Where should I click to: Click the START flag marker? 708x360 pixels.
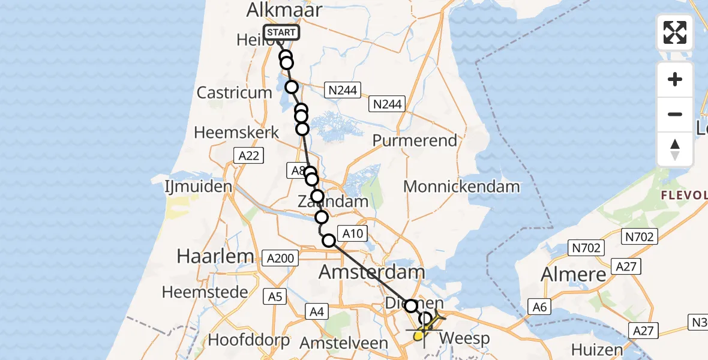click(281, 33)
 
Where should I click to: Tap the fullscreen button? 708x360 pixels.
click(675, 32)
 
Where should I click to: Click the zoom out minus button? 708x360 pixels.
click(675, 114)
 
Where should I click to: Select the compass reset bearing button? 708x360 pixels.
click(675, 149)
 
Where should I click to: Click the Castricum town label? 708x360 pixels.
click(235, 93)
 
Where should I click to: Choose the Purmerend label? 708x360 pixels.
click(415, 140)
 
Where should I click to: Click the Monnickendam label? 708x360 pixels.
click(461, 187)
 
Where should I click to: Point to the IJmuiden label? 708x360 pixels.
click(199, 187)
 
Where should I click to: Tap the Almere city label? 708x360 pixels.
click(574, 274)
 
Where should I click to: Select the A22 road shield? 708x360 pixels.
click(247, 156)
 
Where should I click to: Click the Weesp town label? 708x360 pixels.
click(464, 338)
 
